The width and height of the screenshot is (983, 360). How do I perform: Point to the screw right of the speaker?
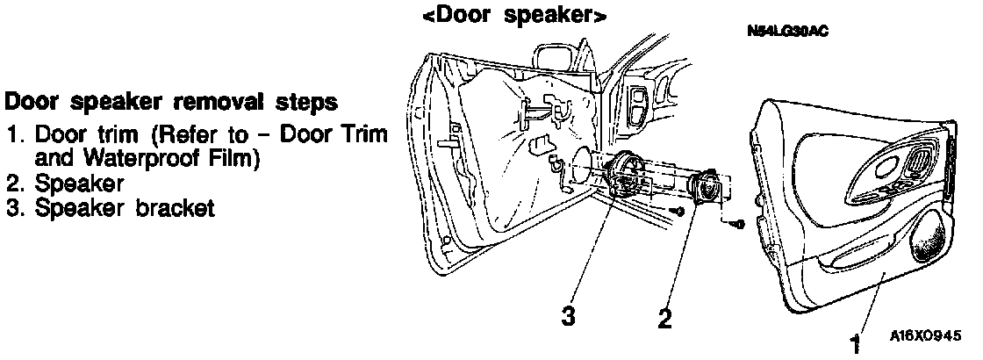tap(735, 224)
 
